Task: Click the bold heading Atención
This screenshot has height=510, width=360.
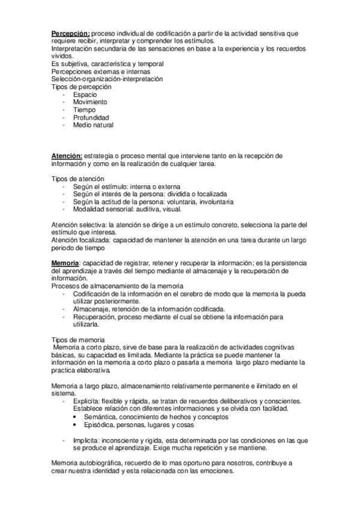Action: coord(67,155)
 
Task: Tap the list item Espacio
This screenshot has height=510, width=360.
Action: coord(85,95)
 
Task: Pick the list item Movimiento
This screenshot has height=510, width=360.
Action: coord(90,102)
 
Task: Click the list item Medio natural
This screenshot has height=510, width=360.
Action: coord(93,125)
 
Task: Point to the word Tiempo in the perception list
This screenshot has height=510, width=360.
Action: coord(85,110)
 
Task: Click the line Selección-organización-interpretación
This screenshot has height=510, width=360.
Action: coord(107,79)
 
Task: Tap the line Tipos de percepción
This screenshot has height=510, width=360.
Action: coord(81,87)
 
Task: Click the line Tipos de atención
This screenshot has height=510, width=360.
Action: coord(78,179)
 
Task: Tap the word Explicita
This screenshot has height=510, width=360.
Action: coord(88,401)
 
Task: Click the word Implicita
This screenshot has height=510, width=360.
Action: coord(88,440)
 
